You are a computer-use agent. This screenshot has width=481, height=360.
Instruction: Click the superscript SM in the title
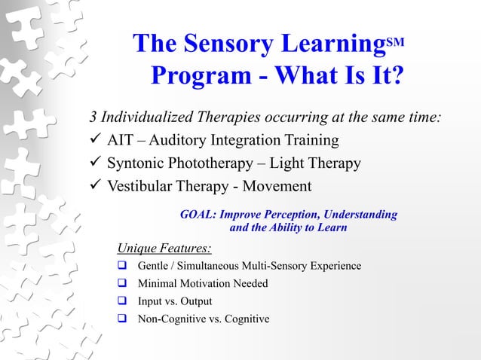coord(397,40)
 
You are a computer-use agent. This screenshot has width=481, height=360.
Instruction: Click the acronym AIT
coord(120,141)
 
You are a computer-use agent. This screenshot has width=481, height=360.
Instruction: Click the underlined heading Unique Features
coord(164,249)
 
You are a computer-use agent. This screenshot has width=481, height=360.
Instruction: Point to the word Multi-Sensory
coord(274,267)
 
